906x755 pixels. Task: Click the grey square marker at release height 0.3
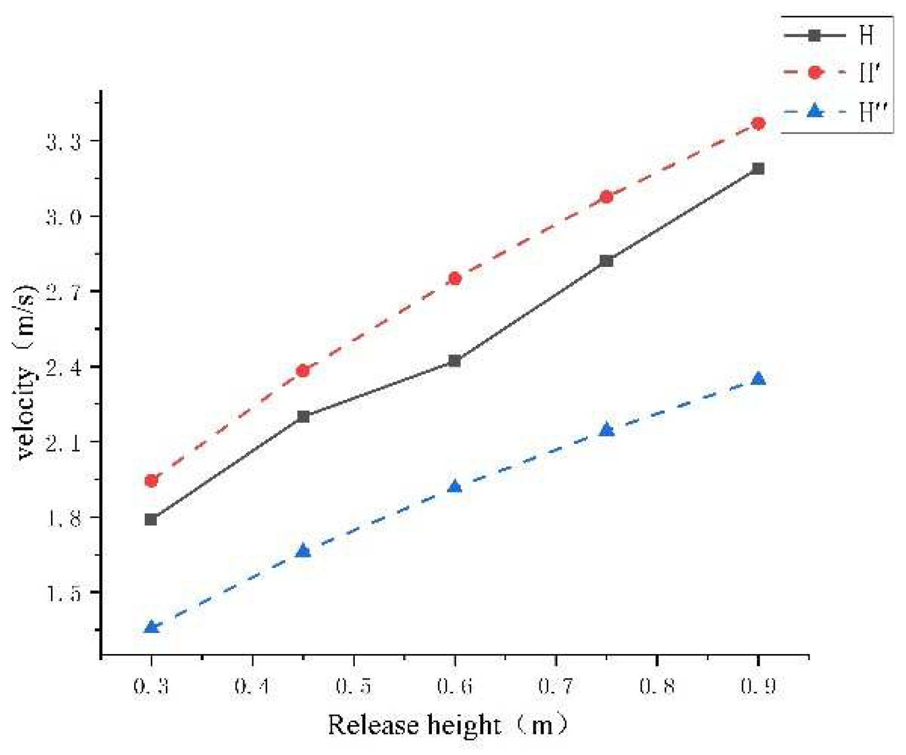coord(151,519)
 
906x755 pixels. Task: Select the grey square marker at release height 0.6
coord(455,361)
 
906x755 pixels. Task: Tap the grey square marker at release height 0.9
coord(758,169)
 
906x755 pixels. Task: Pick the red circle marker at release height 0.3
coord(151,480)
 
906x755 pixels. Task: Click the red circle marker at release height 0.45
coord(303,371)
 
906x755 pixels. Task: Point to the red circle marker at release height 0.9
coord(758,123)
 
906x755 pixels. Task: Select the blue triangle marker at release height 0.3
coord(151,627)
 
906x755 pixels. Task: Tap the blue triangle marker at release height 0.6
coord(455,487)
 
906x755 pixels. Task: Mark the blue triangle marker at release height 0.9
coord(758,379)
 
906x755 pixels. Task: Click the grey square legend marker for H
coord(814,36)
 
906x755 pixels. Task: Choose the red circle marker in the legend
coord(814,73)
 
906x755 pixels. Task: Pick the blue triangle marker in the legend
coord(814,111)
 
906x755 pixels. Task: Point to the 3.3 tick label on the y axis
coord(63,142)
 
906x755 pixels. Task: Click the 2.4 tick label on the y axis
coord(63,367)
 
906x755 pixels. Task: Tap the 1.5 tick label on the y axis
coord(63,594)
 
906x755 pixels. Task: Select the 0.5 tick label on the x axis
coord(353,687)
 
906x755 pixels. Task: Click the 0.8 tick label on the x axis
coord(656,687)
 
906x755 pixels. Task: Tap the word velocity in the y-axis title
coord(26,413)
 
